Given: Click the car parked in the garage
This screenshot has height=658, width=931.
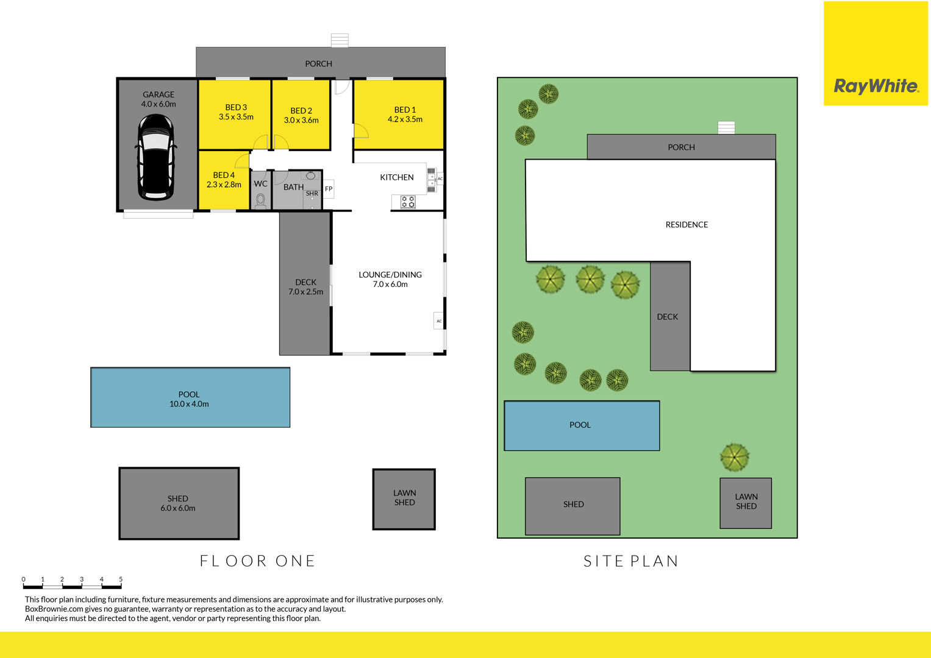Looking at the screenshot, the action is click(156, 157).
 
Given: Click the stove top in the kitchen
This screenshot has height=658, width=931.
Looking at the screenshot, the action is click(408, 202).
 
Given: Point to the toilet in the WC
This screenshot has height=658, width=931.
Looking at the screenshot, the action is click(260, 201).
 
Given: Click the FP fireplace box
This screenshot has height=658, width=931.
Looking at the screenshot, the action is click(329, 189).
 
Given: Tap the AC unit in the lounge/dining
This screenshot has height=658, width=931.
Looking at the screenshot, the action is click(438, 320).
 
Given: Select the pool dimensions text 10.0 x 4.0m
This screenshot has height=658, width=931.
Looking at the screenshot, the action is click(189, 404).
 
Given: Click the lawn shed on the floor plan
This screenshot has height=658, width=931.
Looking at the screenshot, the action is click(404, 500).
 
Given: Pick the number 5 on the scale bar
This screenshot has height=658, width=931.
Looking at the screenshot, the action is click(121, 579).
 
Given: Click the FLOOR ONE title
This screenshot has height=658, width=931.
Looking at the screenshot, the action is click(257, 561).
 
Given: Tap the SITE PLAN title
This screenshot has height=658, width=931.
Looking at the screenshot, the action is click(630, 561).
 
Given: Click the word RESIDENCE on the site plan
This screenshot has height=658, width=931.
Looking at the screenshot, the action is click(687, 225).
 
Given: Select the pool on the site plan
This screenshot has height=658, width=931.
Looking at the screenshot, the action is click(582, 426).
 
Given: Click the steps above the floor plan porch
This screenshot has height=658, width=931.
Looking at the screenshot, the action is click(340, 40).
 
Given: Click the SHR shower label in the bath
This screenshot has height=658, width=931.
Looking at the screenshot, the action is click(312, 194).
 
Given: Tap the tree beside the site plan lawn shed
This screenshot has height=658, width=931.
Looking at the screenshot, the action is click(735, 458).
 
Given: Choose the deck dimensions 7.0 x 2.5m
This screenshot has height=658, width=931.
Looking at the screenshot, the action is click(306, 292).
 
